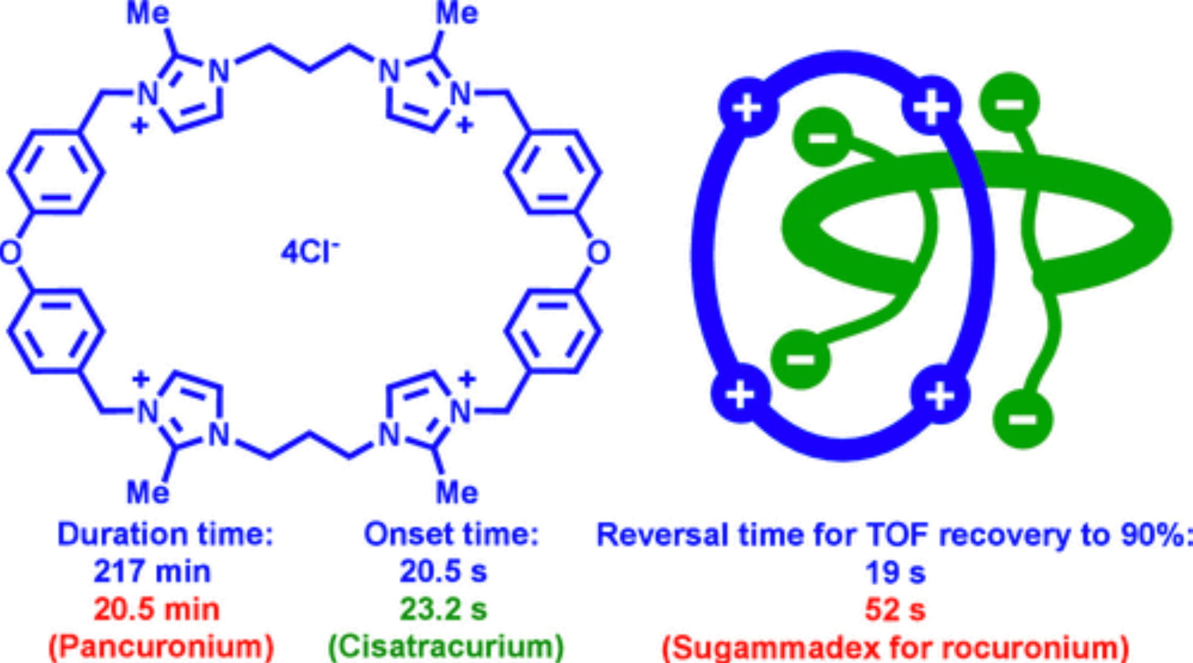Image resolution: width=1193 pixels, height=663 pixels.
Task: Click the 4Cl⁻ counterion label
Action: [309, 252]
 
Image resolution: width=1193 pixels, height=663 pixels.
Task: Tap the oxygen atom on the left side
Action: [11, 252]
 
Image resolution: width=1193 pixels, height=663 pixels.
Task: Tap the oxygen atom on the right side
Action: [598, 252]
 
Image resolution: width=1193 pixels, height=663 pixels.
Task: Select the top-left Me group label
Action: [148, 13]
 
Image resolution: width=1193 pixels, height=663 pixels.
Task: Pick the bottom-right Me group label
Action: [457, 493]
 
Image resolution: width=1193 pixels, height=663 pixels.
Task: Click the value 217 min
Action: [153, 571]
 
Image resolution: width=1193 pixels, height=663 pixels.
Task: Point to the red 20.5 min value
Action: [157, 609]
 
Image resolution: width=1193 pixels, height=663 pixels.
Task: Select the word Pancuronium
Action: [161, 647]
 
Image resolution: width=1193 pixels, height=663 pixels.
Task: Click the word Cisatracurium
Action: [446, 647]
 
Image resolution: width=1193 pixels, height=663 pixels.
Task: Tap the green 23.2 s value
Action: [443, 609]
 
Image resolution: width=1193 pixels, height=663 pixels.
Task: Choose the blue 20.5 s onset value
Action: [443, 571]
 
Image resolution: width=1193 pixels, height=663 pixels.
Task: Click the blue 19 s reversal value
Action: [895, 572]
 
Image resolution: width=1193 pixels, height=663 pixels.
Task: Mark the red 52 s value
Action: [895, 610]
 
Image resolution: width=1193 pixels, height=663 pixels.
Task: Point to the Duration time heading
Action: [165, 534]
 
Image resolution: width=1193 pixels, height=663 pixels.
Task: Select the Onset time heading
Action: [451, 534]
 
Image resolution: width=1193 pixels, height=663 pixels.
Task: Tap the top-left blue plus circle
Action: [748, 108]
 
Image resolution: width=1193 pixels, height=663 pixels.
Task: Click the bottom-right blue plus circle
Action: [940, 394]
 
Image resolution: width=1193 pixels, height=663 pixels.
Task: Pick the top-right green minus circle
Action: [1010, 103]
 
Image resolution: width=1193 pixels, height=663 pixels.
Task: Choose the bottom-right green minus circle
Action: [1022, 418]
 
